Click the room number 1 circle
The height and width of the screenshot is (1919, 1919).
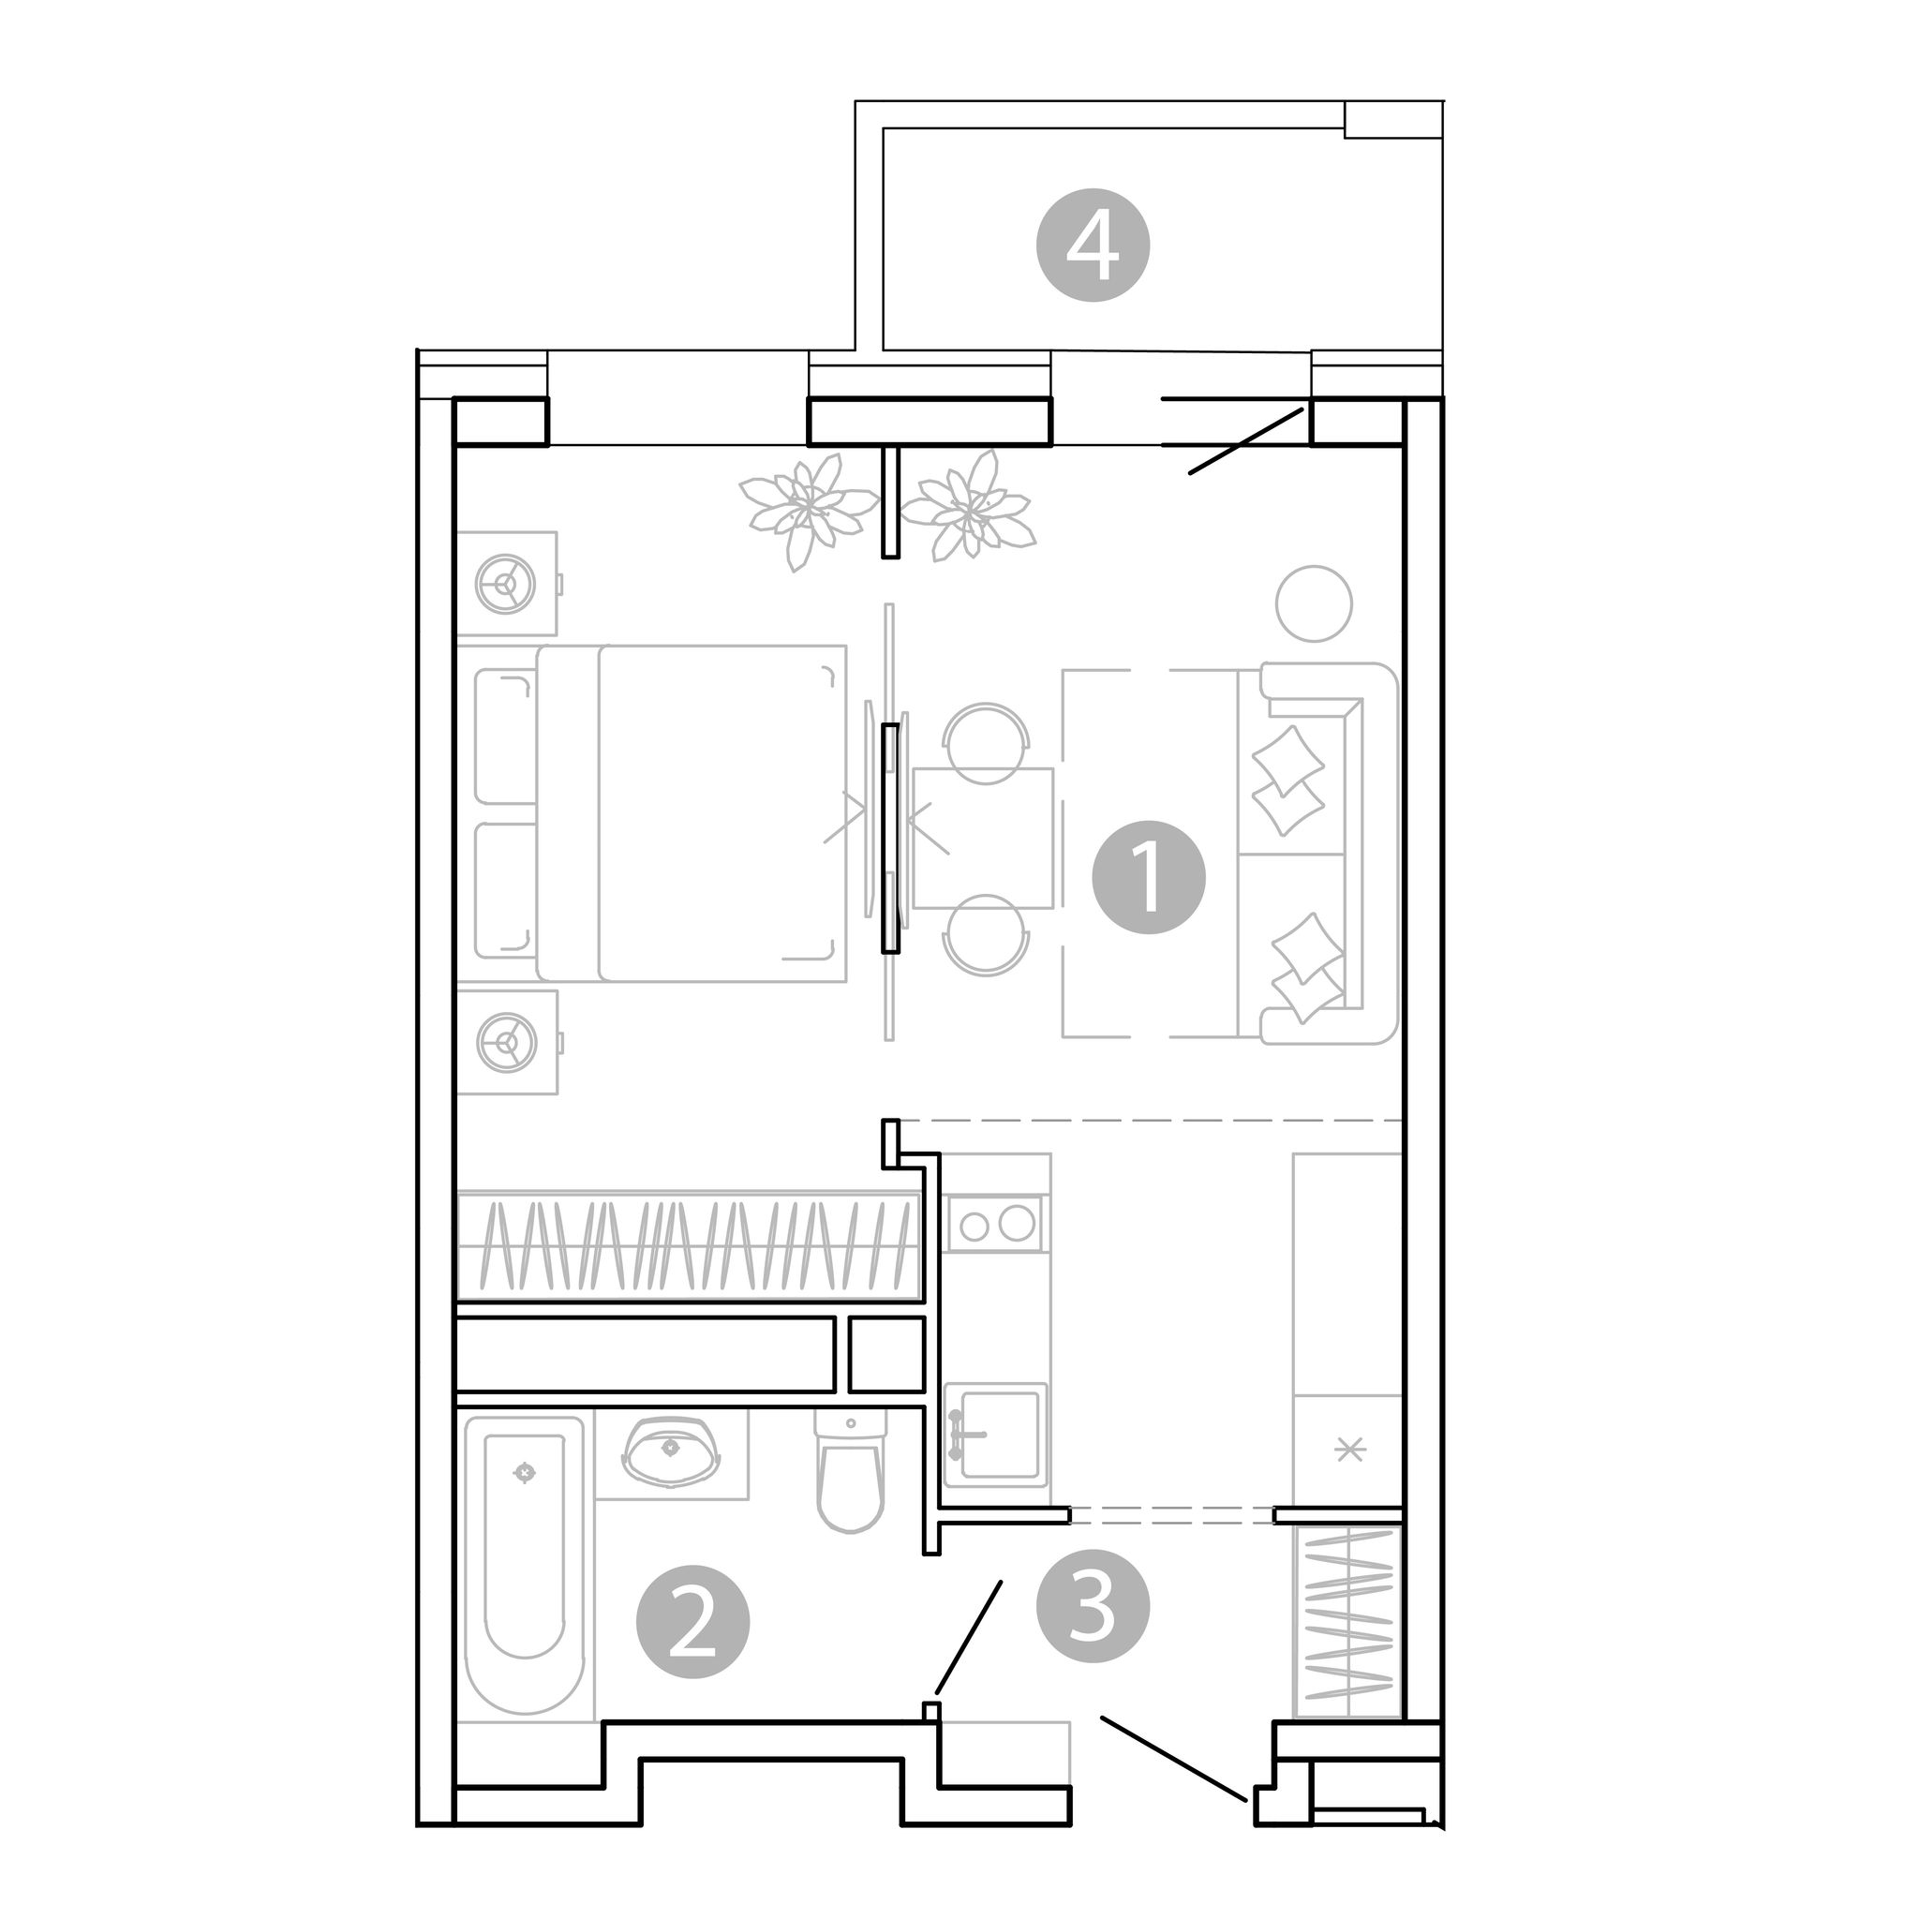pos(1148,877)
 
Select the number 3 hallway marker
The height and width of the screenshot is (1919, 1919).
pos(1093,1606)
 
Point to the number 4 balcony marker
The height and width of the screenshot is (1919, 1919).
pos(1093,246)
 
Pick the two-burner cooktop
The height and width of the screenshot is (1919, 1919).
pos(995,1224)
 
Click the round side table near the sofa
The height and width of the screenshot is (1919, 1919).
pos(1314,602)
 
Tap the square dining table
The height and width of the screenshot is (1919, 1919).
pos(982,839)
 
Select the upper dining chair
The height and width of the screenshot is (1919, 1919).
pos(986,743)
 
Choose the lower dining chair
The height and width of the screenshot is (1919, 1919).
pos(986,933)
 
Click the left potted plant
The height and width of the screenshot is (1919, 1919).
pos(808,509)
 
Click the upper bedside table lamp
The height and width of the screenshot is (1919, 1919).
pos(508,583)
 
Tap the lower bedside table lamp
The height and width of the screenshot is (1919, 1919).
pos(508,1042)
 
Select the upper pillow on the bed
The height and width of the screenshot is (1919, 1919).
pos(507,736)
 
